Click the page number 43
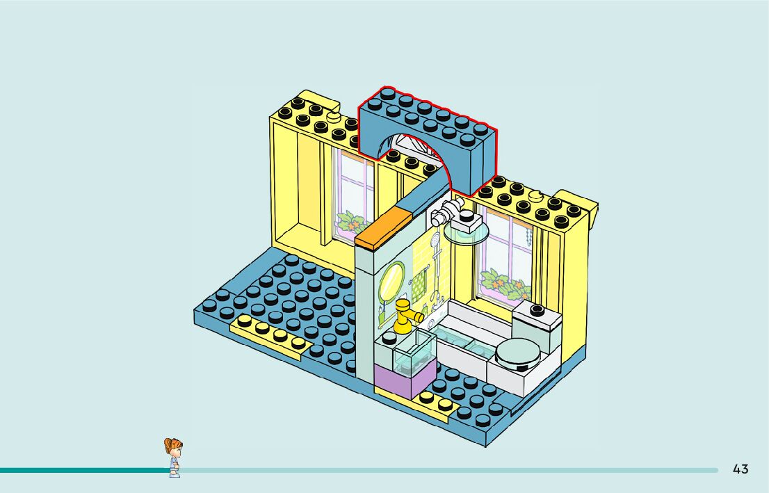(x=740, y=469)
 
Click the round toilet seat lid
(x=519, y=352)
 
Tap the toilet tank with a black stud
(x=537, y=324)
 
